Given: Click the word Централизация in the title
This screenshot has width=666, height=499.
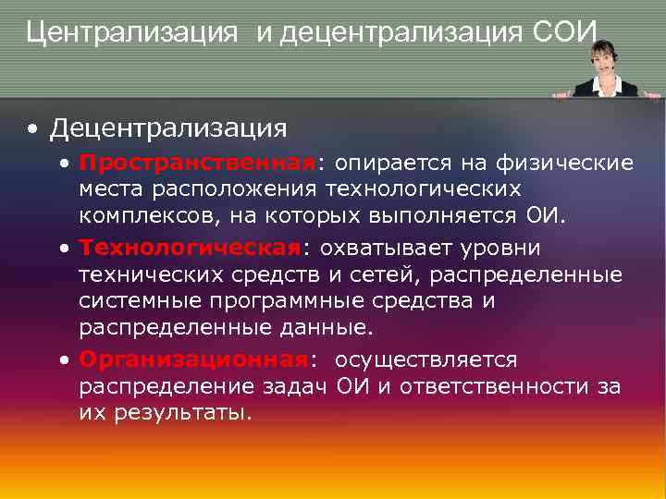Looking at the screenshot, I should click(x=137, y=33).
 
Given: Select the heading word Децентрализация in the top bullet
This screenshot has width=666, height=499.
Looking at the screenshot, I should click(x=169, y=128).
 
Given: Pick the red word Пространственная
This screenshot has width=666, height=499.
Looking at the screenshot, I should click(x=197, y=164).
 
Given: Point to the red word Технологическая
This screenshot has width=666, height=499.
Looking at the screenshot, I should click(x=191, y=249).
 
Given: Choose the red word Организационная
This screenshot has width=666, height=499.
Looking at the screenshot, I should click(x=192, y=359).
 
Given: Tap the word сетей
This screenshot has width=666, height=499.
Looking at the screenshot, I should click(x=390, y=274).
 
